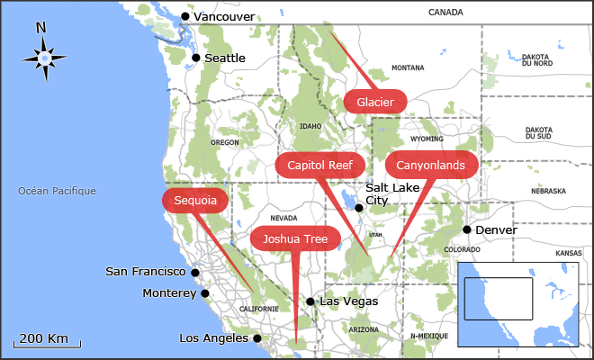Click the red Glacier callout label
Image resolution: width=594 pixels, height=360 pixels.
[x=375, y=102]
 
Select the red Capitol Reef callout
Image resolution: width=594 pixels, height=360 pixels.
[x=320, y=165]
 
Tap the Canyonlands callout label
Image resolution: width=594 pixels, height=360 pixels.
[x=431, y=165]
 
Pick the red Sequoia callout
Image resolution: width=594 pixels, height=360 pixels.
[x=195, y=201]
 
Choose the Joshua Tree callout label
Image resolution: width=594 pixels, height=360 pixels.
[x=296, y=238]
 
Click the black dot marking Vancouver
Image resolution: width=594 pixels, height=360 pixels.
[x=185, y=16]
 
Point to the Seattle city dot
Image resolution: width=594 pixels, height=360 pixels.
[x=195, y=58]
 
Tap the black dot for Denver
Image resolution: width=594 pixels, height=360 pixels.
[x=467, y=229]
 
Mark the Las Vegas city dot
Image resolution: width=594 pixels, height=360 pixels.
[x=310, y=302]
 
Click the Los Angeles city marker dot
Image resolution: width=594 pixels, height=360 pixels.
[x=256, y=338]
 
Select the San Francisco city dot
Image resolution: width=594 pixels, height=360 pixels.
[x=195, y=272]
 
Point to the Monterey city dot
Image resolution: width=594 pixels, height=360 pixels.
[x=205, y=293]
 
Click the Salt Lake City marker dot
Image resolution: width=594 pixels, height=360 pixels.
[x=359, y=208]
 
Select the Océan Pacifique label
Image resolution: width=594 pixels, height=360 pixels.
[x=57, y=191]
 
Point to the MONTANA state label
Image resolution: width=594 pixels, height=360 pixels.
[x=408, y=67]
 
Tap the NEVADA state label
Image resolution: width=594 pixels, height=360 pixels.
[x=283, y=218]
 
